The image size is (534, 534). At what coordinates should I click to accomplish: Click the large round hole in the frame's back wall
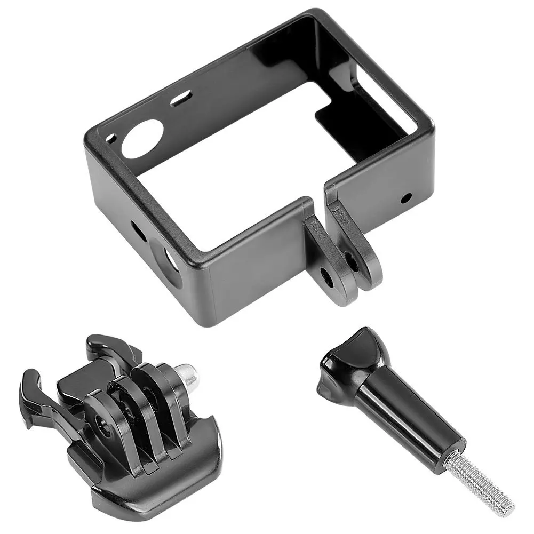[141, 139]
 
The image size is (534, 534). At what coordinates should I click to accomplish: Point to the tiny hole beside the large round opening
[110, 138]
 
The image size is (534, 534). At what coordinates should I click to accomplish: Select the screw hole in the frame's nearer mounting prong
[325, 275]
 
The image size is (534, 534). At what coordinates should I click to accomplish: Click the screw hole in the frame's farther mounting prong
[352, 261]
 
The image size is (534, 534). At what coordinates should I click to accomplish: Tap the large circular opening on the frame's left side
[170, 259]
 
